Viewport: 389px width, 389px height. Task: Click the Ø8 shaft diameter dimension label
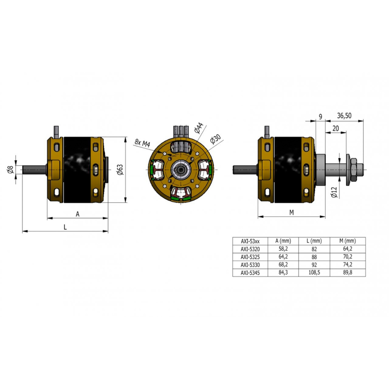pos(10,170)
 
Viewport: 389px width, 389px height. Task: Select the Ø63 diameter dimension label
pos(120,170)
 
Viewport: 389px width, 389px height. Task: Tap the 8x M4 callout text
pos(142,142)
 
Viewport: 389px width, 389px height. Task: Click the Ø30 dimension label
pos(215,140)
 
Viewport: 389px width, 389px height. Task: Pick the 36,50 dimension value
pos(344,116)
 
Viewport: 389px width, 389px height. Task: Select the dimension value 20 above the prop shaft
pos(336,128)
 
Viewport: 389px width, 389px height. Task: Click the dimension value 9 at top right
pos(320,116)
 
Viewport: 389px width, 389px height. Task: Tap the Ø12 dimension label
pos(335,192)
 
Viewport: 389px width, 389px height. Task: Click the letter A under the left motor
pos(78,214)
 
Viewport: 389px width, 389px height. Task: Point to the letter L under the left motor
pos(65,227)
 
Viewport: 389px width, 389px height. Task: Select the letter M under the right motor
pos(291,212)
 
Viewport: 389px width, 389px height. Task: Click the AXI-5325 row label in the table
pos(250,257)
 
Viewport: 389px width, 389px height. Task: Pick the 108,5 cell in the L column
pos(314,272)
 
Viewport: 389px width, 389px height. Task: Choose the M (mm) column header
pos(347,241)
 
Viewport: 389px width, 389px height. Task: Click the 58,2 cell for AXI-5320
pos(283,248)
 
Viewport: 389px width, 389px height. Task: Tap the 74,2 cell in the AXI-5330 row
pos(348,265)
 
